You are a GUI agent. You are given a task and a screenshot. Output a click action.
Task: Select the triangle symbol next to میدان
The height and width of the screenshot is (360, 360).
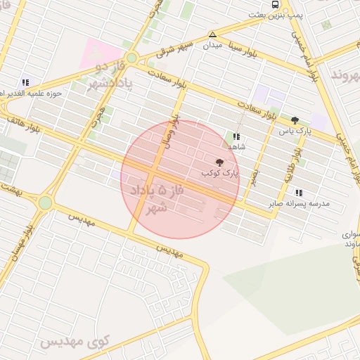click(x=212, y=34)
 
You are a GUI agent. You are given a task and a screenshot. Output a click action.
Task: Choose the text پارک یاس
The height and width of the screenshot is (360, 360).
click(x=295, y=130)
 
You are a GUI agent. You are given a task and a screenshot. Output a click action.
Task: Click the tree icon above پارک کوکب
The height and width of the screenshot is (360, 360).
click(x=219, y=162)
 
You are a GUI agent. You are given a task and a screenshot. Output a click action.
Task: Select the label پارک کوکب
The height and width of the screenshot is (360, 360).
click(x=220, y=172)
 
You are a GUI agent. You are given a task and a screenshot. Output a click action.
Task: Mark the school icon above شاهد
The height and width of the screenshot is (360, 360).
click(x=236, y=136)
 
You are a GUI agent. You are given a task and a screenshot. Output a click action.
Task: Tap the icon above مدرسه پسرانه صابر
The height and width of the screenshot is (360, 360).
click(x=300, y=193)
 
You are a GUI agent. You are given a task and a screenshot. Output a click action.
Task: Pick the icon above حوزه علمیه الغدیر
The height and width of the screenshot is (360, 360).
click(x=25, y=82)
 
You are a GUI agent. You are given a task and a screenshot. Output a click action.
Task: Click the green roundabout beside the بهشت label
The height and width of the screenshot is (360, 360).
click(x=46, y=203)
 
